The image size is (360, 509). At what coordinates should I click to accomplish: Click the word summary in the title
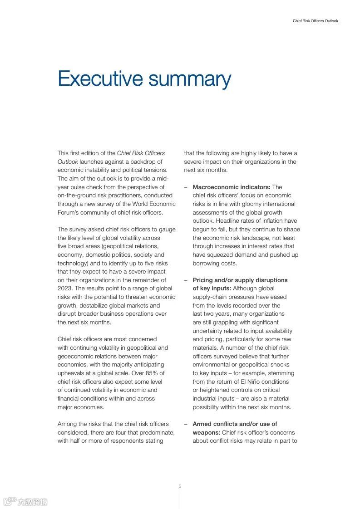pos(189,80)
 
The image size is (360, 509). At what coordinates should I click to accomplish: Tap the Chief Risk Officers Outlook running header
pos(315,21)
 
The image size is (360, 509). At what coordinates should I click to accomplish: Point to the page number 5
pos(180,486)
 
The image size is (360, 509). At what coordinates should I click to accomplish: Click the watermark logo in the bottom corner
pos(25,501)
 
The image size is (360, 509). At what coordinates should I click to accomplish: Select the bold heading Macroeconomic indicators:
pos(232,187)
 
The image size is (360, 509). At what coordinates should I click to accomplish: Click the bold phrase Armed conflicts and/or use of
pos(235,424)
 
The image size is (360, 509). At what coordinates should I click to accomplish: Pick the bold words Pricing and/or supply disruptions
pos(240,280)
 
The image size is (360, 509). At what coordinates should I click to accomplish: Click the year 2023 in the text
pos(65,289)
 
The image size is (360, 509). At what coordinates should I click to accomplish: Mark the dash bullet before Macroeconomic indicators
pos(186,187)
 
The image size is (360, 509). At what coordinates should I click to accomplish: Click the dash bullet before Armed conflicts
pos(186,424)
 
